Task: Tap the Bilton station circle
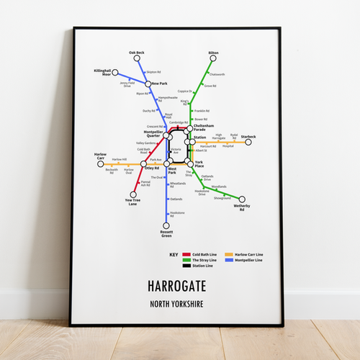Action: [213, 58]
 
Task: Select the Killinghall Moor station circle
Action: [114, 72]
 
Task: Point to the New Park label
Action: [159, 84]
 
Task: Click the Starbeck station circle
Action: [248, 142]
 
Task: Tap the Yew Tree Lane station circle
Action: [132, 194]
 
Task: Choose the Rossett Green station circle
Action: [166, 226]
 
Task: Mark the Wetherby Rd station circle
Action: [242, 199]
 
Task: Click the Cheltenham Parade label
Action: [204, 127]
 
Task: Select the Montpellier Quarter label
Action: [153, 135]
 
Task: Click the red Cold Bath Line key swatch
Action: [186, 254]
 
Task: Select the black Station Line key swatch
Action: [186, 266]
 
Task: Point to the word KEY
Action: [173, 255]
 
